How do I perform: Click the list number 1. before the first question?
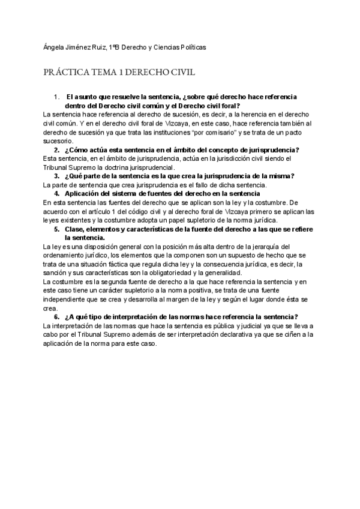click(56, 96)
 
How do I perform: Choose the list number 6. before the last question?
click(56, 317)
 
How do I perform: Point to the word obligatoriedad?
click(192, 273)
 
